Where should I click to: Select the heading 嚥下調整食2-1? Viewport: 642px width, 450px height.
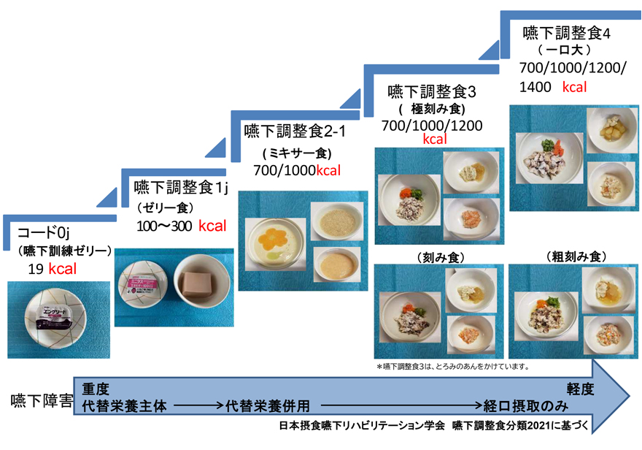coord(293,131)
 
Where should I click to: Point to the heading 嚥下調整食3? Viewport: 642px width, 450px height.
coord(431,91)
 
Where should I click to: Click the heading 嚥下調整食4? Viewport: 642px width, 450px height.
coord(567,34)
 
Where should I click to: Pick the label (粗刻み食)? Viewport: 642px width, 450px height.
coord(576,257)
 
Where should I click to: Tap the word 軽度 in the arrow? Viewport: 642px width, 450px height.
coord(580,389)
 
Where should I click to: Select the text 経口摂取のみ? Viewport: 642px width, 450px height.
coord(525,405)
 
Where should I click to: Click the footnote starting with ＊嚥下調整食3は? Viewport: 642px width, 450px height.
coord(452,367)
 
